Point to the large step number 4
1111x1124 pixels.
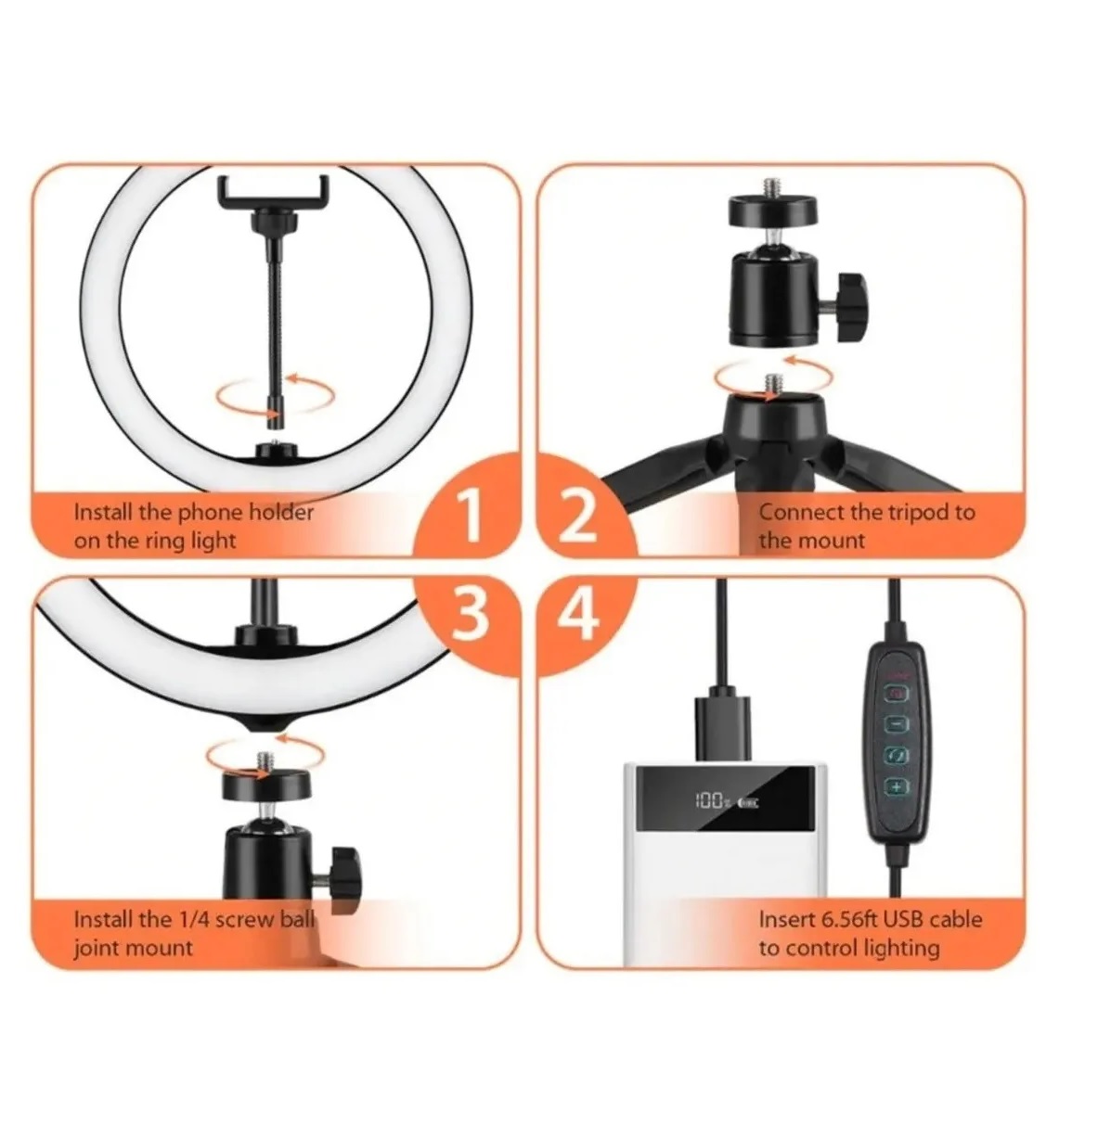coord(581,613)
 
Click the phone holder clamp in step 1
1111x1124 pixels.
coord(274,196)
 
